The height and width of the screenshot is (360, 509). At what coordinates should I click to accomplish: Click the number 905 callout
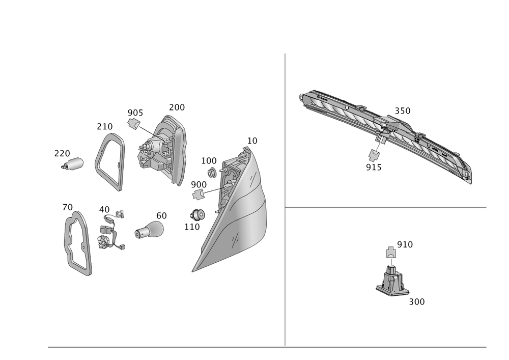(x=135, y=113)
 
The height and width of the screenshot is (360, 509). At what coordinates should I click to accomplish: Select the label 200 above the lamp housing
(x=177, y=107)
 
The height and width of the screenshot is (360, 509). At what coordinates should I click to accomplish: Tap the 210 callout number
(x=105, y=126)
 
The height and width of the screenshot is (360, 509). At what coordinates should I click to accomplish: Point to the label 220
(x=62, y=153)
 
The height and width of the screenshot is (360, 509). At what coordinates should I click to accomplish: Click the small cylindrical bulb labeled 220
(x=74, y=164)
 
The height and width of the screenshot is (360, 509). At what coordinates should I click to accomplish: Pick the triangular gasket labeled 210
(x=109, y=162)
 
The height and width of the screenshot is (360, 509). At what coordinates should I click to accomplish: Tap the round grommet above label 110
(x=197, y=214)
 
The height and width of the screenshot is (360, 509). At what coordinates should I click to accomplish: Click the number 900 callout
(x=199, y=184)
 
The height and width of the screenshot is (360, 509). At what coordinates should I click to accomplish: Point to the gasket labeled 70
(x=77, y=243)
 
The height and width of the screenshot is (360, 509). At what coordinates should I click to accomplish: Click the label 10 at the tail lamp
(x=252, y=140)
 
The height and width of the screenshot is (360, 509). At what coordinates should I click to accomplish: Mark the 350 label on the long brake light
(x=402, y=110)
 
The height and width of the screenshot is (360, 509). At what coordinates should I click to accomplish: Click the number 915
(x=373, y=167)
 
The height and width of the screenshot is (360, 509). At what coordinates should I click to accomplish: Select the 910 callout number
(x=405, y=244)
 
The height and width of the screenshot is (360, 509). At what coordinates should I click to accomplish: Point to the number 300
(x=417, y=301)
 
